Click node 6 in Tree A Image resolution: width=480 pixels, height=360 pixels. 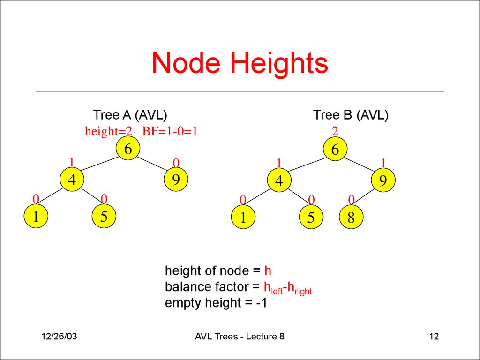point(127,149)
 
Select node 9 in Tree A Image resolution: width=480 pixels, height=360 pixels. point(176,180)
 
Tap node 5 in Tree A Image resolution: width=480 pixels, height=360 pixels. point(104,217)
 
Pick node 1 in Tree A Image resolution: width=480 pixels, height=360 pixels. point(36,217)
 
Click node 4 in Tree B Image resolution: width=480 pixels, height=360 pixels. point(279,181)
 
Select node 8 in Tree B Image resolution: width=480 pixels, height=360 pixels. point(351,217)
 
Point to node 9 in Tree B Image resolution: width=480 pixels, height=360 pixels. point(383,181)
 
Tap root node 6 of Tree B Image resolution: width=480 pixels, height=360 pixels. point(335,150)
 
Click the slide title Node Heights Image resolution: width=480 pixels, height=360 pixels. point(240,63)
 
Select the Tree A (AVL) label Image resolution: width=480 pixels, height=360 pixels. point(130,115)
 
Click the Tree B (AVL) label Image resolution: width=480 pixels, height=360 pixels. point(351,115)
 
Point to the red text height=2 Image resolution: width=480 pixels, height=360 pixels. point(108,132)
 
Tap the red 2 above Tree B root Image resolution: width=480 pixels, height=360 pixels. point(335,131)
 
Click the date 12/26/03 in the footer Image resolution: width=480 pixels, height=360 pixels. point(59,337)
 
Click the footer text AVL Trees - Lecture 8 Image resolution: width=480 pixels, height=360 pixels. point(241,337)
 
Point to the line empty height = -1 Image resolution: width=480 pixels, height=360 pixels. point(216,303)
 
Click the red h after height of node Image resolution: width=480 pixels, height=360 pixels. point(268,271)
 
